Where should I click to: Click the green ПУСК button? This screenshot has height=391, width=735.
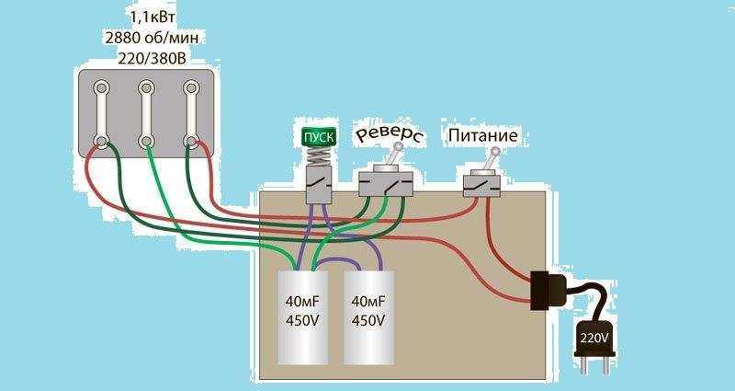[319, 138]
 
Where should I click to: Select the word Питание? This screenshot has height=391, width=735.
[482, 136]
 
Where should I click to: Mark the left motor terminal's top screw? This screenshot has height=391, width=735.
[102, 88]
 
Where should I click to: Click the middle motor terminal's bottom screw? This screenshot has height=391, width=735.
[146, 142]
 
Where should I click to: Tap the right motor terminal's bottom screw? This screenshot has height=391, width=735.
[191, 142]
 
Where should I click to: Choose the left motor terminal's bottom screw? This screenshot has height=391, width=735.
[102, 142]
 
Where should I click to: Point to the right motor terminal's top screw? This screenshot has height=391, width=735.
[191, 88]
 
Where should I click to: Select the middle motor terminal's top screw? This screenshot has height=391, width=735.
[146, 88]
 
